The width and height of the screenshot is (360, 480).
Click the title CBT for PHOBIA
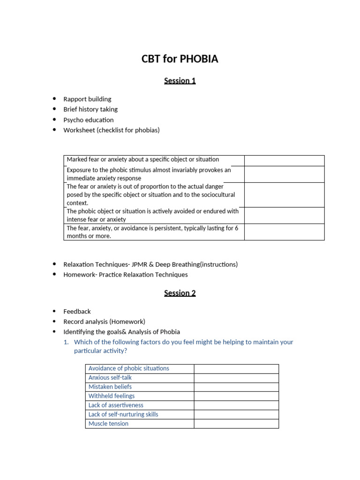coord(180,59)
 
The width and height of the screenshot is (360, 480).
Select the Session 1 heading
coord(180,81)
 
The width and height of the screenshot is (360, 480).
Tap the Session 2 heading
coord(180,293)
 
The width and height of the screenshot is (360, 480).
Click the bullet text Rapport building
coord(87,99)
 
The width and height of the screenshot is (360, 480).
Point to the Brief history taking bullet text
coord(90,109)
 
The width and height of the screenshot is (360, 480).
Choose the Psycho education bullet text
coord(88,120)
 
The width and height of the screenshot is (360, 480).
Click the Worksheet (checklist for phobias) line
coord(111,130)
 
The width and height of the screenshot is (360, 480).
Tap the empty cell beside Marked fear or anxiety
coord(284,160)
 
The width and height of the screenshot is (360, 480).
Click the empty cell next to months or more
coord(284,232)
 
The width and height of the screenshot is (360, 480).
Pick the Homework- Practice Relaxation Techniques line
coord(125,275)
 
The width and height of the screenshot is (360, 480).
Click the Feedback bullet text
coord(77,311)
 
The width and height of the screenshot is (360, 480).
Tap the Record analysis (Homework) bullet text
coord(104,322)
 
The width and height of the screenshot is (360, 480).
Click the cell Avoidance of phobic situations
coord(129,368)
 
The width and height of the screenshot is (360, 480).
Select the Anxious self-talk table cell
coord(110,377)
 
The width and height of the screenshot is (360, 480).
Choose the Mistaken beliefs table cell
coord(110,387)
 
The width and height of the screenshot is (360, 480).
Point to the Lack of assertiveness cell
coord(116,405)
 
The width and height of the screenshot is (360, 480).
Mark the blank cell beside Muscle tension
coord(236,423)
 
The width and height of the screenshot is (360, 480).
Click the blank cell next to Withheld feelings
coord(236,396)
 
